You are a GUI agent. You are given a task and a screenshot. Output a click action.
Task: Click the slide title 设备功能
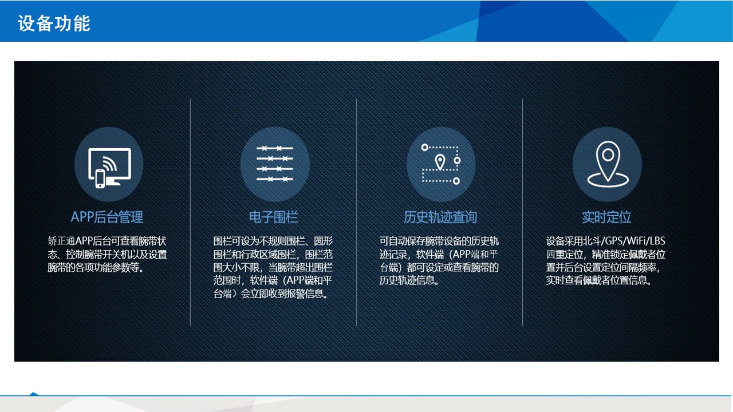[54, 23]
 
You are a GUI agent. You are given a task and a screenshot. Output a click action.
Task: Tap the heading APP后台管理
[107, 217]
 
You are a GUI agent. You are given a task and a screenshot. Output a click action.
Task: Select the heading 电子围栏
[274, 217]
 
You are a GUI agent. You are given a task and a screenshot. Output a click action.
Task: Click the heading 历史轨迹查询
[440, 217]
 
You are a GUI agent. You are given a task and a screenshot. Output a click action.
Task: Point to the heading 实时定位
[606, 217]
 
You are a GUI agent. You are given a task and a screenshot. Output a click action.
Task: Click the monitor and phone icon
[109, 168]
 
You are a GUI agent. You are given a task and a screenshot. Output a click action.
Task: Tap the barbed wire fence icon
[275, 164]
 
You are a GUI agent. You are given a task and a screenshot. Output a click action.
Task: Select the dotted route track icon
[441, 164]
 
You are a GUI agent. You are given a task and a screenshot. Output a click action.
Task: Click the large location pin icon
[608, 164]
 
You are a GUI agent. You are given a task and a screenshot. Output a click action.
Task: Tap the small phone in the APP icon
[100, 179]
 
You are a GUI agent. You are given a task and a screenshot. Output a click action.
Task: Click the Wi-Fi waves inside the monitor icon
[110, 164]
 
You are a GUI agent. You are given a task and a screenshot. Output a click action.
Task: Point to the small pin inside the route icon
[440, 162]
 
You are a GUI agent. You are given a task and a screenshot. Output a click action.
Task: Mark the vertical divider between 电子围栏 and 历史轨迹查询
[356, 212]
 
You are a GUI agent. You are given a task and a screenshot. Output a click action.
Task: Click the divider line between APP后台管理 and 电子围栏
[190, 212]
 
